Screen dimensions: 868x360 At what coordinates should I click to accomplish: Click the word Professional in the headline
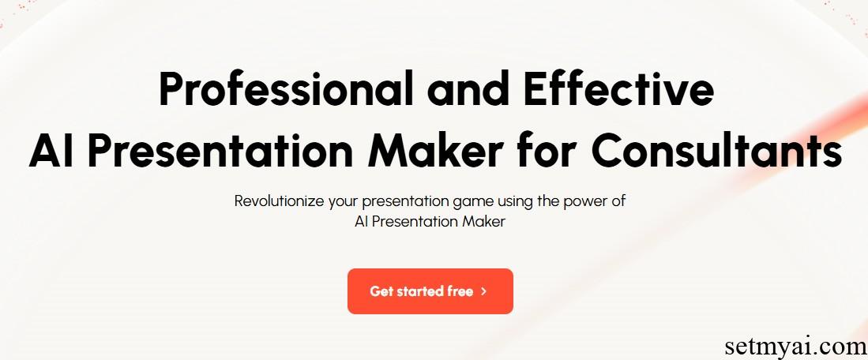coord(286,89)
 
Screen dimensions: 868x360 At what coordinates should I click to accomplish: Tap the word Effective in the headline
coord(618,89)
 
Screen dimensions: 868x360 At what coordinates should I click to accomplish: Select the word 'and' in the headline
coord(468,89)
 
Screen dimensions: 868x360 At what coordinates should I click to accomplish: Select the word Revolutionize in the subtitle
coord(279,201)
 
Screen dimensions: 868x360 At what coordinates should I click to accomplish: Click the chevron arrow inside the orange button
coord(484,291)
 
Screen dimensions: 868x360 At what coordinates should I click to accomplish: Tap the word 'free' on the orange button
coord(460,291)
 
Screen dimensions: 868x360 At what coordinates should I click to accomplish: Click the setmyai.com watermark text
coord(795,347)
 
